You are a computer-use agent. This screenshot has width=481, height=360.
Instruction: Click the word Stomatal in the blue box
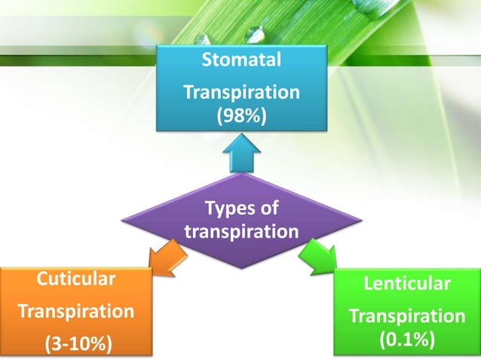(x=241, y=59)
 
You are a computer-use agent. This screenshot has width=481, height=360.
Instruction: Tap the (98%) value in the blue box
(x=241, y=117)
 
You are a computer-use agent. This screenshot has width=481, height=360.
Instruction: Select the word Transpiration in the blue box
(x=241, y=93)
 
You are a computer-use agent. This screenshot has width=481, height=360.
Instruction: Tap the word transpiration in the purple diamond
(x=241, y=231)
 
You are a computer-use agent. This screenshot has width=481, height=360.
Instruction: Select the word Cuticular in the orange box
(x=77, y=280)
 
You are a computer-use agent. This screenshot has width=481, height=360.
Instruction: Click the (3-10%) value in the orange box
(x=77, y=344)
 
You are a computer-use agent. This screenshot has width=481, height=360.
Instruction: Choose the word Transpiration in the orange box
(x=77, y=311)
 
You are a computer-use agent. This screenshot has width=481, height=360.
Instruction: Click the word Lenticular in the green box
(x=408, y=284)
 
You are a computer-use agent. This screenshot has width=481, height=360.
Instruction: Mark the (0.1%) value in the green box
(x=408, y=339)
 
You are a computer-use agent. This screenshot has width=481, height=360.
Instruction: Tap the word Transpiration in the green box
(x=408, y=315)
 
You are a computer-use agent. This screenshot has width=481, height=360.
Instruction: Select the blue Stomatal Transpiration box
(x=241, y=88)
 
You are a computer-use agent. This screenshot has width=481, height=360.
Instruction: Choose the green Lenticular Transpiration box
(x=408, y=312)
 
